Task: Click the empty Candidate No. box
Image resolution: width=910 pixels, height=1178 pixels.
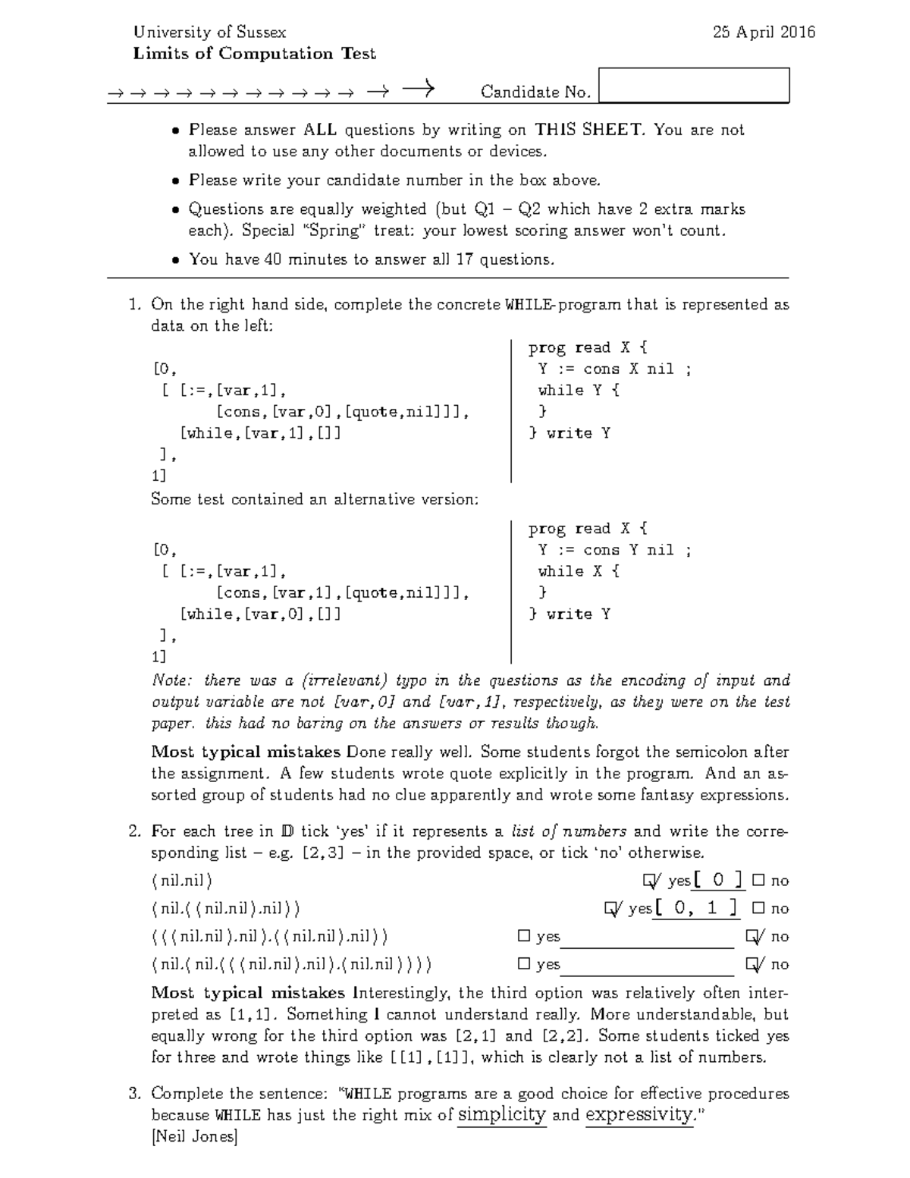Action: (694, 85)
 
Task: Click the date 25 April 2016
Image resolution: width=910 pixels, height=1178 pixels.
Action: (764, 32)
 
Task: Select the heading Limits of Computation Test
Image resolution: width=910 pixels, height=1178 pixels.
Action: (254, 54)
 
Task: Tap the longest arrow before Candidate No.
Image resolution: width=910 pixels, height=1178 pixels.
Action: (418, 90)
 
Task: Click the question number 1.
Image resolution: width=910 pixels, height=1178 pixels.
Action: (134, 305)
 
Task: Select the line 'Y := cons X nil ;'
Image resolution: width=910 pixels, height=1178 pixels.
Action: (614, 369)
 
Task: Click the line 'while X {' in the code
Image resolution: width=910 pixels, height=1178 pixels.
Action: (579, 571)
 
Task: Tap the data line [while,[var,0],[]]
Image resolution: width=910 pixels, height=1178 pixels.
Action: (260, 614)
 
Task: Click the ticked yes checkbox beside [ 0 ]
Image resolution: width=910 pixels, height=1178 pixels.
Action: (649, 881)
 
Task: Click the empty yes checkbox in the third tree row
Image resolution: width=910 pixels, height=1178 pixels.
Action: (524, 936)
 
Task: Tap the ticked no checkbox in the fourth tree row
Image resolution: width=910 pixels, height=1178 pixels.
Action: (753, 964)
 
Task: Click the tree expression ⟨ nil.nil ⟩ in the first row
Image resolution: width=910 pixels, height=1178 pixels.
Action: (182, 881)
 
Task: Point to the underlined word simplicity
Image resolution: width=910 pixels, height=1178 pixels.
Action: (502, 1115)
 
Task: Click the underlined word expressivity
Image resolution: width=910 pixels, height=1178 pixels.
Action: (640, 1115)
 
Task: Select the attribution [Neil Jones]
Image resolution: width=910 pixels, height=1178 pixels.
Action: (195, 1136)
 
